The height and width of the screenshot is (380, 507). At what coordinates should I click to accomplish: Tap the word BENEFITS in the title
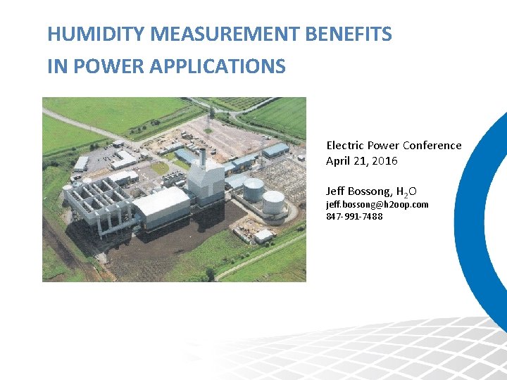[358, 33]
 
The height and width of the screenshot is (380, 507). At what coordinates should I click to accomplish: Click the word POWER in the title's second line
[100, 67]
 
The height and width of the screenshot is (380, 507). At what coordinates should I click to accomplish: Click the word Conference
[432, 146]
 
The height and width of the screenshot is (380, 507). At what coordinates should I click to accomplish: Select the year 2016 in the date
[385, 161]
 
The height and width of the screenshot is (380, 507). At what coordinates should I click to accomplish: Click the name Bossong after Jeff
[370, 191]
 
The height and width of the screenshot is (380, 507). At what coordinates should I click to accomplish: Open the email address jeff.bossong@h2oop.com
[377, 204]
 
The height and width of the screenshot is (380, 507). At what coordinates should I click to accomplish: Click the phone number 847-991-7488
[354, 216]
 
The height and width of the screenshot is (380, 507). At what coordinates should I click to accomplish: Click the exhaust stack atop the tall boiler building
[202, 157]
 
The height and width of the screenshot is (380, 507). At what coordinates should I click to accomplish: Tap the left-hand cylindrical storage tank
[254, 189]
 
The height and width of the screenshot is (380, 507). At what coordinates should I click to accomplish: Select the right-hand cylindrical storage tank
[273, 201]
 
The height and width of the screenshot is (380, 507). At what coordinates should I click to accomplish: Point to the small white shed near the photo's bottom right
[264, 236]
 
